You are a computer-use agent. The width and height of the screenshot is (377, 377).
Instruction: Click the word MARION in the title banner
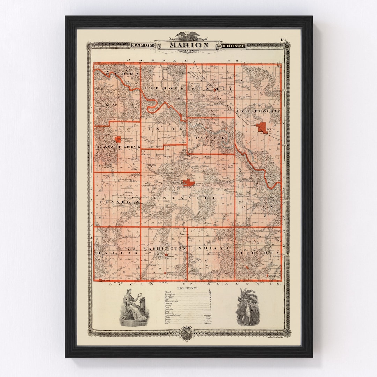pyautogui.click(x=189, y=45)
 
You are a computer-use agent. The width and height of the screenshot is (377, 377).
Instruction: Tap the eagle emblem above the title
pyautogui.click(x=189, y=36)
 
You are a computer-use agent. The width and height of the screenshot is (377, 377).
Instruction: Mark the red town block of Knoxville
pyautogui.click(x=189, y=183)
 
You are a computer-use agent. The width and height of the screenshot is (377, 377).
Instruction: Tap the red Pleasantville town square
pyautogui.click(x=119, y=139)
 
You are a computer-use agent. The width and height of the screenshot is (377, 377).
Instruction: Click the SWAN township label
pyautogui.click(x=117, y=105)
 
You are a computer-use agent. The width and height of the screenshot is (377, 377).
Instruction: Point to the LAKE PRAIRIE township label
pyautogui.click(x=258, y=111)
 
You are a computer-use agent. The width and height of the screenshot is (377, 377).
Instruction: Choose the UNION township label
pyautogui.click(x=165, y=129)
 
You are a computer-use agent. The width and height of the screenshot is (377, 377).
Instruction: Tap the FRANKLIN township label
pyautogui.click(x=120, y=202)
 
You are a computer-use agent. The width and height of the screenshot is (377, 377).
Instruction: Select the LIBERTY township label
pyautogui.click(x=258, y=252)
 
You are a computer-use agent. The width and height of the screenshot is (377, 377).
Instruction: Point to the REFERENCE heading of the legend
pyautogui.click(x=187, y=288)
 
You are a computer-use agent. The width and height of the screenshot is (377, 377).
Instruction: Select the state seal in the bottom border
pyautogui.click(x=188, y=330)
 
